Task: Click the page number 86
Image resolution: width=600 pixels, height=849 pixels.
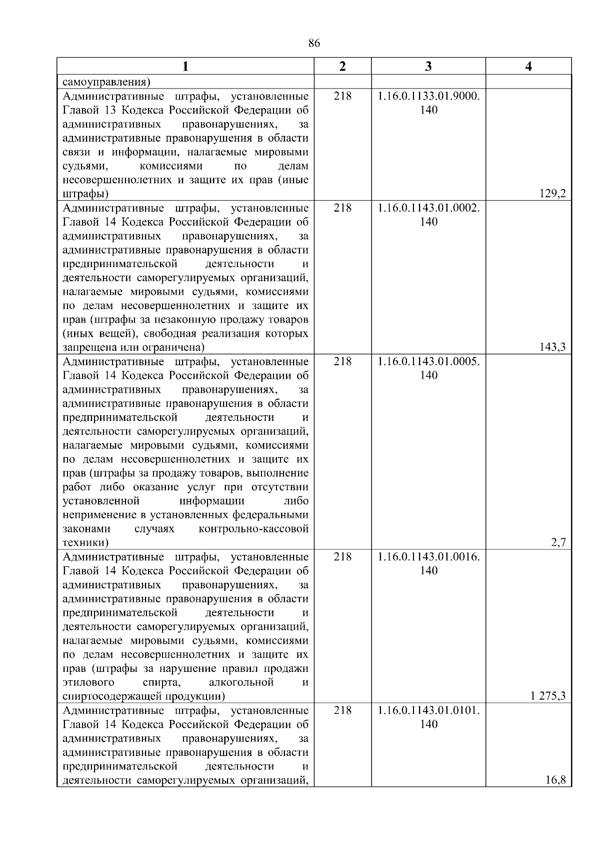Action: click(x=314, y=44)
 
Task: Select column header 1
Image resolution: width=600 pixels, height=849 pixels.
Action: click(x=185, y=67)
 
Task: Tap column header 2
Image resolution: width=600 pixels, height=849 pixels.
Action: click(x=342, y=67)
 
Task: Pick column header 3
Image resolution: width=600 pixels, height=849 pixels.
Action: click(x=428, y=67)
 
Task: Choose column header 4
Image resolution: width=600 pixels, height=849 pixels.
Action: click(x=528, y=67)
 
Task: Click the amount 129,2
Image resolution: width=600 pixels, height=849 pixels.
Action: click(x=552, y=194)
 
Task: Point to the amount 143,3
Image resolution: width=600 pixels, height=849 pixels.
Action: click(x=552, y=347)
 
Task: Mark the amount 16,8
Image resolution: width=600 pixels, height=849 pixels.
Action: click(x=555, y=780)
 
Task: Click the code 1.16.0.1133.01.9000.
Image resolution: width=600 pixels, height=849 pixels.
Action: click(x=428, y=96)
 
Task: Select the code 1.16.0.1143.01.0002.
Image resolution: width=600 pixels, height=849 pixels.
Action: click(x=428, y=208)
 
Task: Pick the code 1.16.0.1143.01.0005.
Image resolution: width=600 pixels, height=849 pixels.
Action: click(x=428, y=362)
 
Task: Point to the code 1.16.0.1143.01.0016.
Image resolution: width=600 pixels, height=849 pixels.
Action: click(x=428, y=557)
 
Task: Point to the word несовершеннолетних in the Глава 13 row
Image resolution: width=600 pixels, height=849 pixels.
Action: click(x=118, y=180)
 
